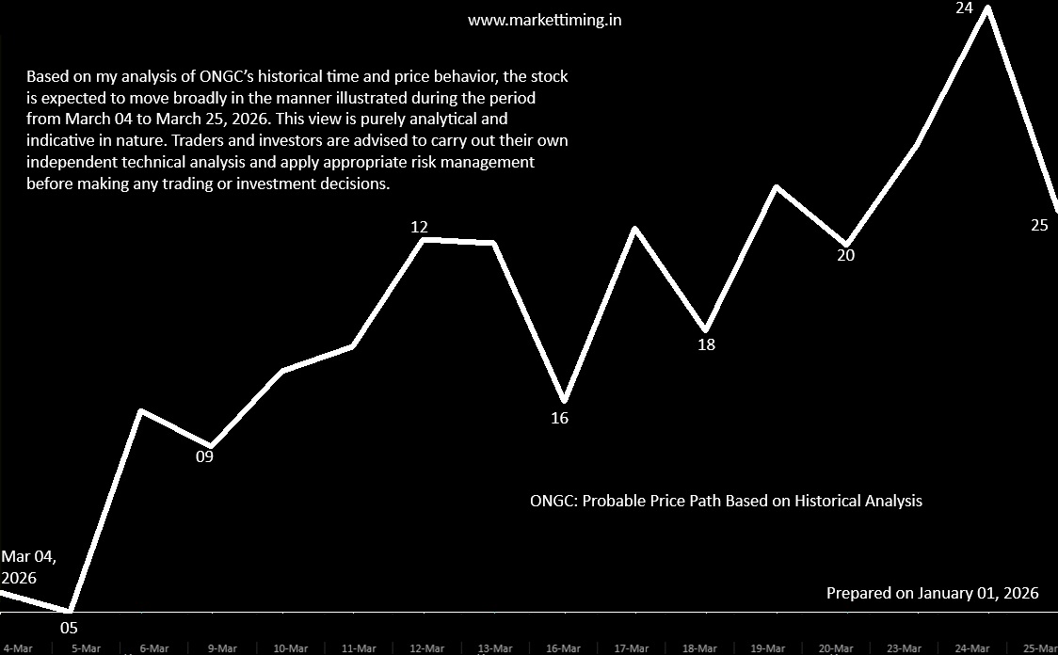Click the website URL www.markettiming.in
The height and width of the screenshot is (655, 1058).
pos(544,20)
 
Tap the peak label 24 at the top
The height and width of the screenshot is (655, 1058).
pos(989,7)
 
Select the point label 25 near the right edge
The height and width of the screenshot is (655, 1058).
pos(1039,225)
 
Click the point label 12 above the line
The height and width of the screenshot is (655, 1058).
pos(420,227)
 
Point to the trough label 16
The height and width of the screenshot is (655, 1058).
pos(560,418)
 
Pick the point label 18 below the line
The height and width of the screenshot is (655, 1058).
pos(706,344)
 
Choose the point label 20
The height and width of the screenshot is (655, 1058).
pos(846,255)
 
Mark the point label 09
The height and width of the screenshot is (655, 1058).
pos(204,457)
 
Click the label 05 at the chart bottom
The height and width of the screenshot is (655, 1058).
pos(69,628)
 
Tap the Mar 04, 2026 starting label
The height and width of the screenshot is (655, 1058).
pos(28,567)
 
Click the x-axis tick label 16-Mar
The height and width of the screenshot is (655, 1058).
pos(563,648)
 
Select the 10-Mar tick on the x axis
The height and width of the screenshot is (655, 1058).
pos(290,648)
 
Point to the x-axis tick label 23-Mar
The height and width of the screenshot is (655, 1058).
pos(905,648)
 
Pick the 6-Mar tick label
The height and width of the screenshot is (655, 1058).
pos(153,648)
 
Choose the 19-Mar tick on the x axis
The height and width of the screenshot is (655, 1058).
pos(768,648)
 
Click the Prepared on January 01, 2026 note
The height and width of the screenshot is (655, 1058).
pos(932,593)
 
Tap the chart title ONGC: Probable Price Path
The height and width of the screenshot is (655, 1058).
pos(726,501)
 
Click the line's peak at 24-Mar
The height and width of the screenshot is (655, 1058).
pos(987,8)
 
